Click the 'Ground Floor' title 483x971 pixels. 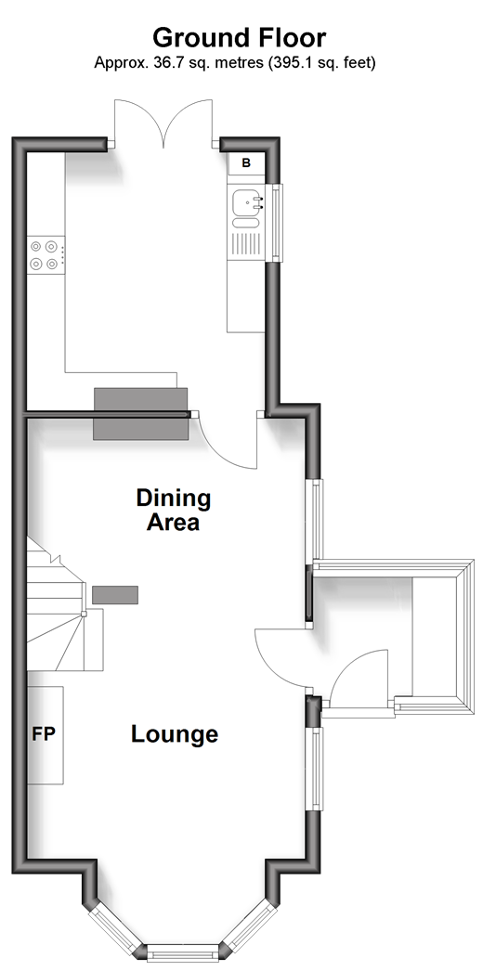click(239, 38)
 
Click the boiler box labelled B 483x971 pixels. click(246, 162)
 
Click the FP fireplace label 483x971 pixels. click(44, 734)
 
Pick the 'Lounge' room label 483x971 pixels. click(175, 734)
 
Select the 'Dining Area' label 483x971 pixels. click(174, 510)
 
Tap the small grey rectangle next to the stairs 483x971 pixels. click(115, 594)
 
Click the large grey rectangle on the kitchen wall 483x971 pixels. click(140, 414)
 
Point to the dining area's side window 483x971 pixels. click(317, 519)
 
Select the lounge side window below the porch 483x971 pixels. click(317, 768)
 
